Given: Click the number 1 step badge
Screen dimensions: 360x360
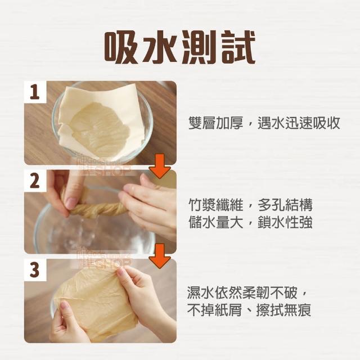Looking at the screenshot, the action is [35, 92].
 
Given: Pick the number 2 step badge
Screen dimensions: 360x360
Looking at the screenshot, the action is [35, 181].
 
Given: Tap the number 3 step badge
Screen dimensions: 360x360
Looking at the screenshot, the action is [35, 270].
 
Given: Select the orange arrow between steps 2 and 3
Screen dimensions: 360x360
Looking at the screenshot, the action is [160, 256].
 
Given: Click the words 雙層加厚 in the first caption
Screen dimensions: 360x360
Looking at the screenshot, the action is [216, 123].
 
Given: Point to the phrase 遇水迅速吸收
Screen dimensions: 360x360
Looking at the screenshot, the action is [299, 123].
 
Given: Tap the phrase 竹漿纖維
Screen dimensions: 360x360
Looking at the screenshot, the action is [216, 205].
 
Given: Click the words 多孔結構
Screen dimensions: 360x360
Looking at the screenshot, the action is [285, 205].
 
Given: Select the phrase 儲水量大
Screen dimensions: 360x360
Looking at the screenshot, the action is [216, 222].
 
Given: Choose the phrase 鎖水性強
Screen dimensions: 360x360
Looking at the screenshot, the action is [285, 222].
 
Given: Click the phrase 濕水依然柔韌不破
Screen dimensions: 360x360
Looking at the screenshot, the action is [242, 292].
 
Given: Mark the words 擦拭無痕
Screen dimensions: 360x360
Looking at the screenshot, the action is [283, 310].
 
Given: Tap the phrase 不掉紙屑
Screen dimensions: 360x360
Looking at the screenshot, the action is [215, 310].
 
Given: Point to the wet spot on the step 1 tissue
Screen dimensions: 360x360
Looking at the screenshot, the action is [99, 129].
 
